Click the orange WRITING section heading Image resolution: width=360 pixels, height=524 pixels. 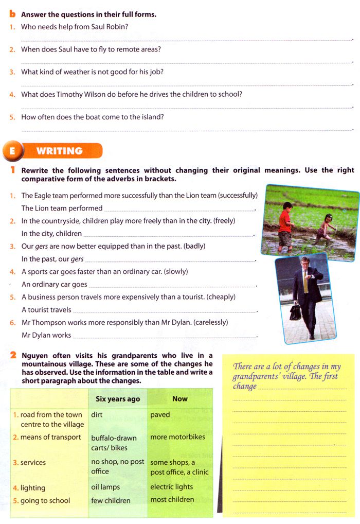click(59, 151)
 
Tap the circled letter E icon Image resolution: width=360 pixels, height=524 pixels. click(12, 151)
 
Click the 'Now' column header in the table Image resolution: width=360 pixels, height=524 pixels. click(180, 398)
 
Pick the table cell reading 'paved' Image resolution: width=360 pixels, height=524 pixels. click(160, 414)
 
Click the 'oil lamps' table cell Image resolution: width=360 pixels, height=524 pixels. click(105, 487)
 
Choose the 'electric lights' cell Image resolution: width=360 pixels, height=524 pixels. click(172, 486)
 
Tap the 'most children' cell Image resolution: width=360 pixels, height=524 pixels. click(172, 499)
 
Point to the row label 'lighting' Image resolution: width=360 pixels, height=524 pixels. click(33, 487)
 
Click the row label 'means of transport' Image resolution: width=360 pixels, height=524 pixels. click(50, 437)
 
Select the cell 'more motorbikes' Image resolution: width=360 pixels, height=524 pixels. click(177, 437)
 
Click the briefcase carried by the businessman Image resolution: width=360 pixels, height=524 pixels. click(295, 312)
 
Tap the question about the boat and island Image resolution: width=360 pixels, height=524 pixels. click(93, 117)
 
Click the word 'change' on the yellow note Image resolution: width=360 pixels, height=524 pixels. click(244, 386)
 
